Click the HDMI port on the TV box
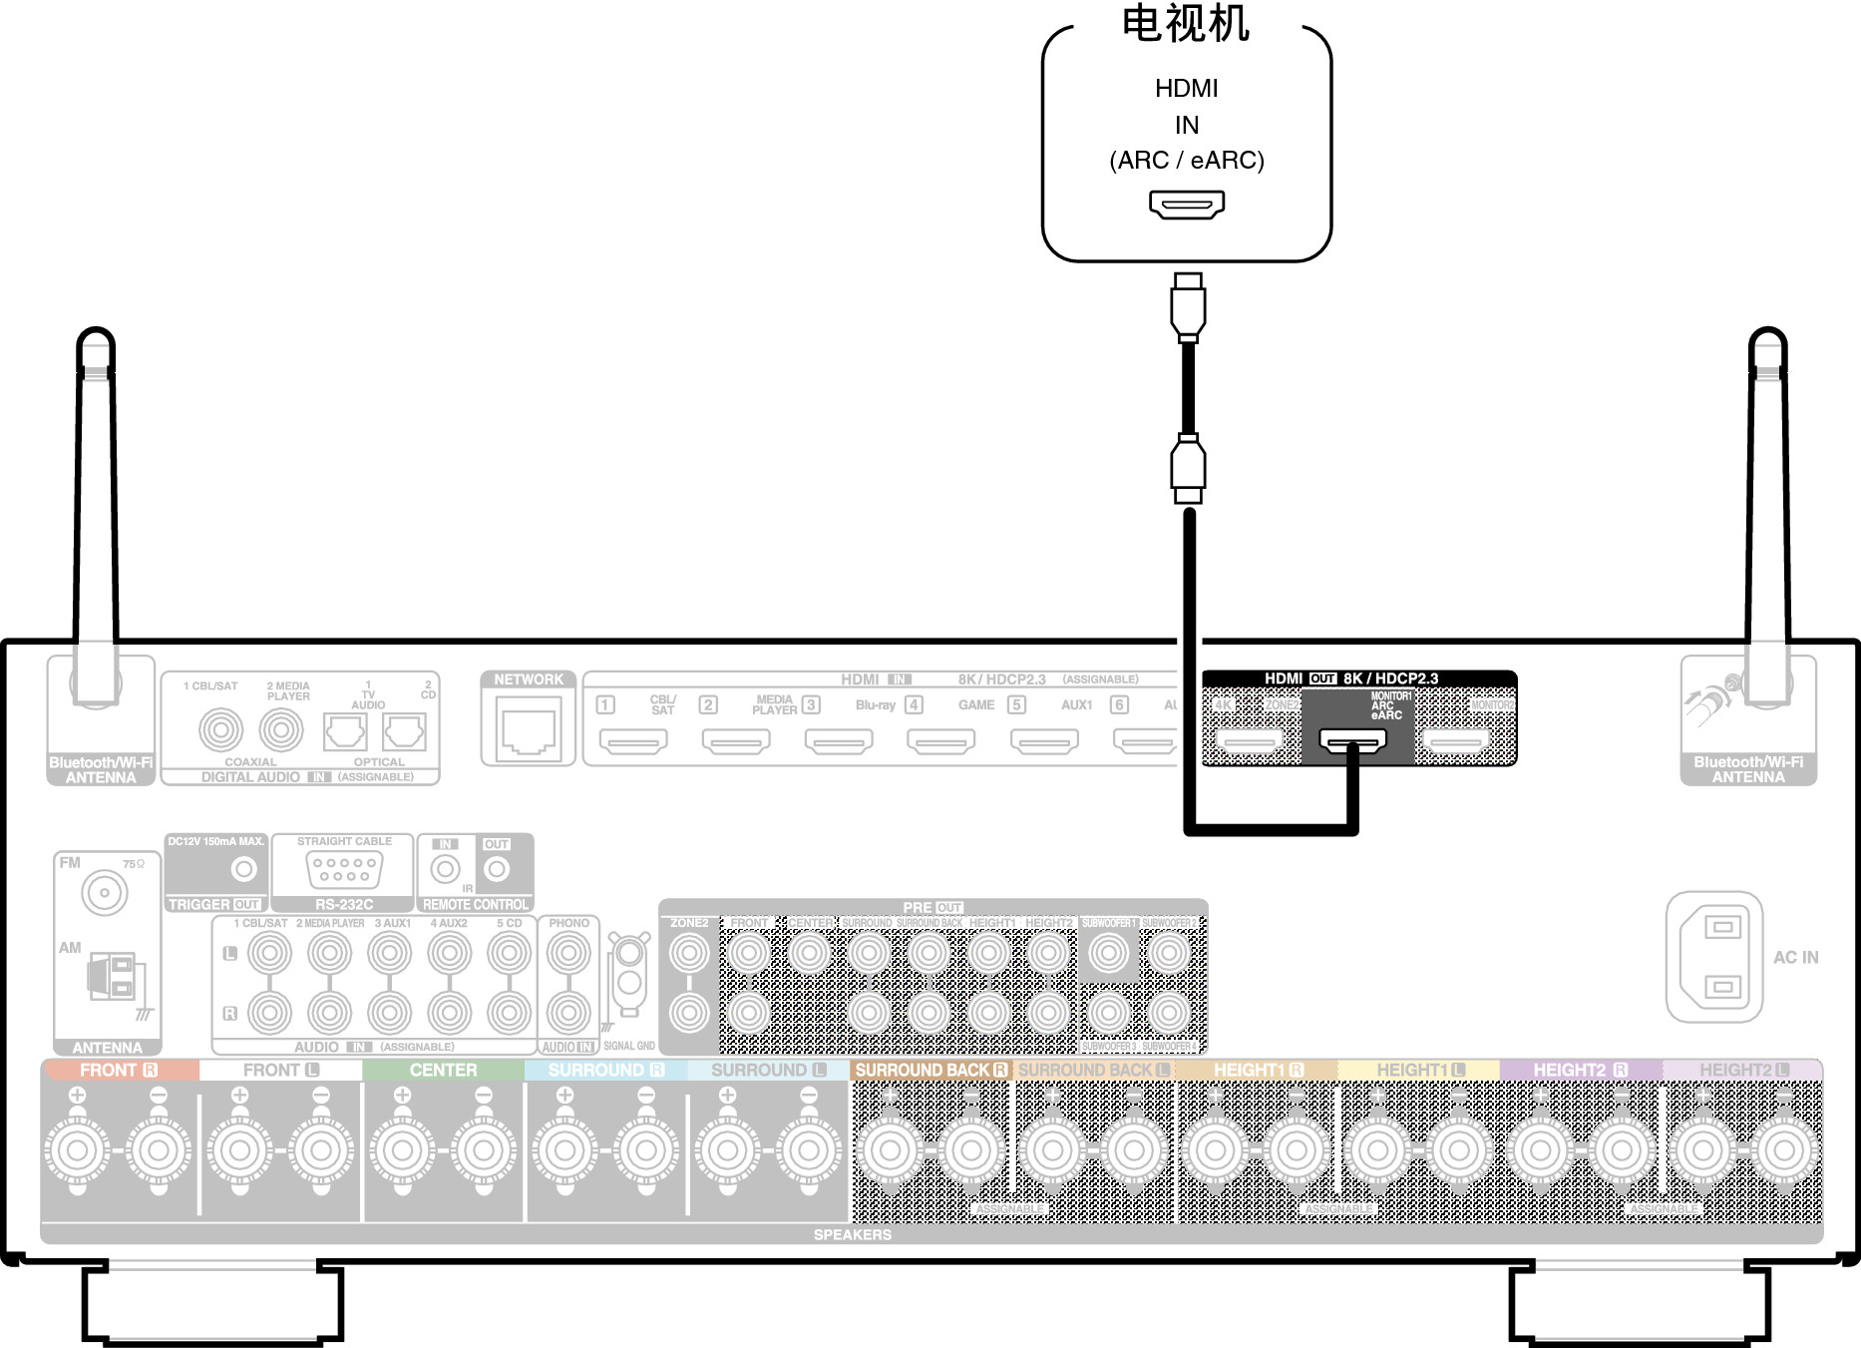pos(1186,205)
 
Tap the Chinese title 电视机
pos(1186,24)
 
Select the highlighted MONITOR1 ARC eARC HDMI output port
pos(1352,740)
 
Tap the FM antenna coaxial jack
pos(105,892)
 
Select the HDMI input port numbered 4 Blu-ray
pos(940,741)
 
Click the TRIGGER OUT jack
pos(243,869)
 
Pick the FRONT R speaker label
pos(119,1070)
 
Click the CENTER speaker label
pos(443,1070)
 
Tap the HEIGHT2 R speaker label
pos(1580,1070)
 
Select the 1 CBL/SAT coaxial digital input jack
pos(220,730)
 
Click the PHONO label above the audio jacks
pos(568,923)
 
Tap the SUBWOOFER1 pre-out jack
pos(1109,954)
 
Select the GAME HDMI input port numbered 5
pos(1044,741)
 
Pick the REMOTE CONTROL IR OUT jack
pos(497,869)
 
